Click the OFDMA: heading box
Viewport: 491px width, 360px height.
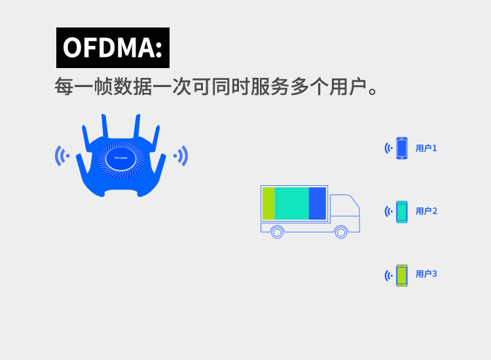[113, 48]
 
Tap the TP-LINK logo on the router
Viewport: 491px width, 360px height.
[121, 158]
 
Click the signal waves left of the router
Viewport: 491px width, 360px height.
[62, 156]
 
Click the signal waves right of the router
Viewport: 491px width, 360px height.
[181, 156]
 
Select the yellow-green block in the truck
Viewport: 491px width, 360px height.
[268, 204]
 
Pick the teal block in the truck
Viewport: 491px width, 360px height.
[291, 204]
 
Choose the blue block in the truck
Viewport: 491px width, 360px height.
[318, 204]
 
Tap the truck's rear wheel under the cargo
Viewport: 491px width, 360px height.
[277, 232]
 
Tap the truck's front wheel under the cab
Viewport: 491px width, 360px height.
[341, 232]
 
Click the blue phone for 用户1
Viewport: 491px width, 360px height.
[402, 148]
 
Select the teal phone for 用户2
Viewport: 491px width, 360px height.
[402, 211]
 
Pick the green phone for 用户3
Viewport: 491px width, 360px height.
[402, 275]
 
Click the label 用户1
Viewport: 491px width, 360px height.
[426, 149]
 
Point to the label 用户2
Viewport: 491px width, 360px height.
[426, 211]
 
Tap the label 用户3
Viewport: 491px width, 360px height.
[426, 274]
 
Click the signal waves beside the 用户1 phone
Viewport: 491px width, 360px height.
[388, 149]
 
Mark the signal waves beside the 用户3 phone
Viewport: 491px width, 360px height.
[388, 276]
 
